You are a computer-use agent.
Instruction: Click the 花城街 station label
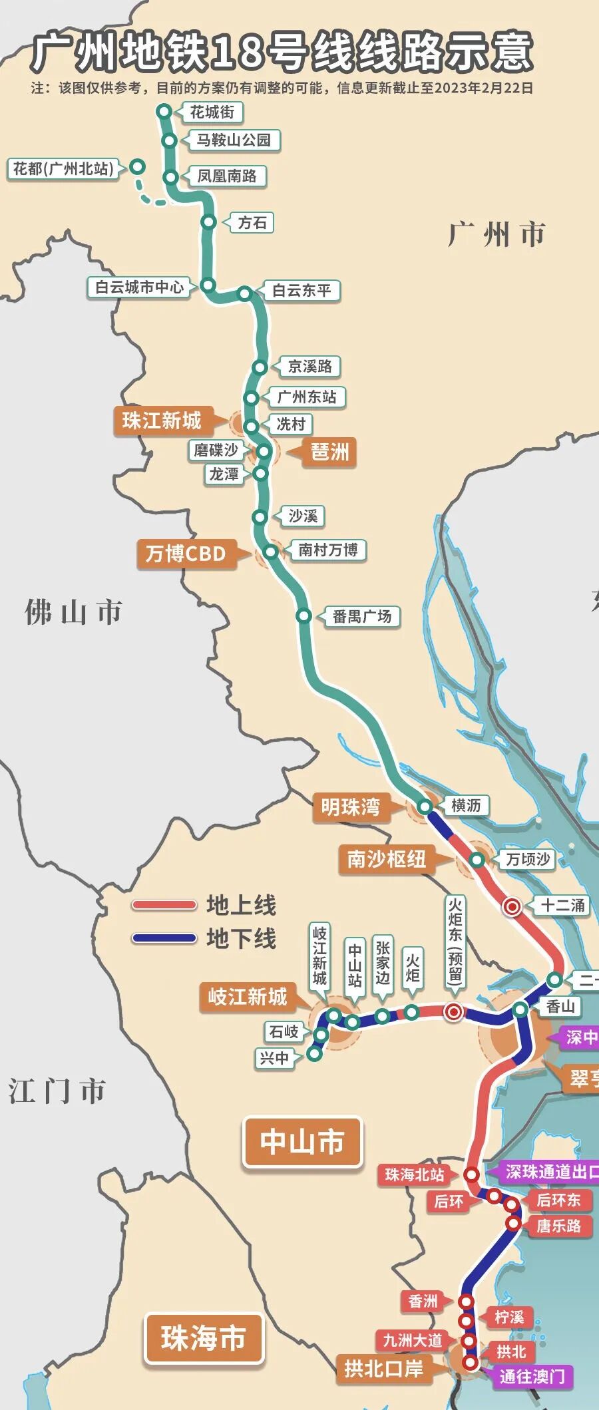213,112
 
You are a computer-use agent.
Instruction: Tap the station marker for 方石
209,222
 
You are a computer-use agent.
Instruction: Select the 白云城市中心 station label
139,287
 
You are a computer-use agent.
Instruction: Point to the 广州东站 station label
307,397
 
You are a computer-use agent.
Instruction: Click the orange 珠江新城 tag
162,421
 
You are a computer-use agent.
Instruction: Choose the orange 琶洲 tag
329,452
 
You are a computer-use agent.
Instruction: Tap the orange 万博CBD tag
186,554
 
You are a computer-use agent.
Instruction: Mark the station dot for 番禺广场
303,616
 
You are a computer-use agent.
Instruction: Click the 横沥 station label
466,805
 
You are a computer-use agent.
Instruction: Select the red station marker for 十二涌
512,906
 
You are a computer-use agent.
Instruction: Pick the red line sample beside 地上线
164,905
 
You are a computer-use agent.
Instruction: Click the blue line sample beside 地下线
164,938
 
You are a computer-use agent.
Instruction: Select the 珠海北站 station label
415,1174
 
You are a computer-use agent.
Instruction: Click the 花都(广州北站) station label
64,168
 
